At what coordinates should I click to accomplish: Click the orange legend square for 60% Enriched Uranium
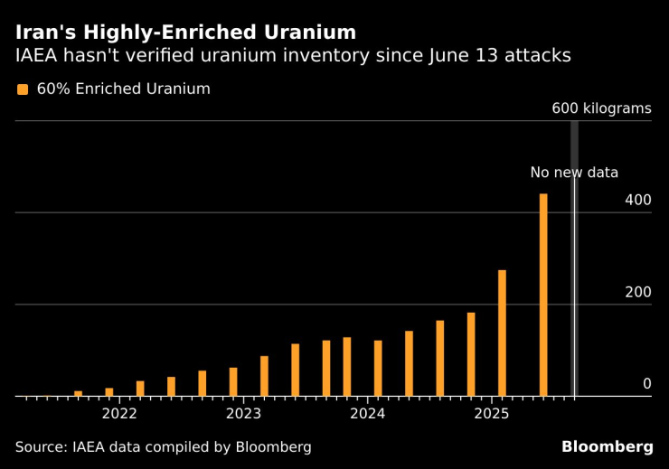point(23,89)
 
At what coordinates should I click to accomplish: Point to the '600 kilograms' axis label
point(601,108)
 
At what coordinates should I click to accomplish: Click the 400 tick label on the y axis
point(637,200)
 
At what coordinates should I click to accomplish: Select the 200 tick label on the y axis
point(637,292)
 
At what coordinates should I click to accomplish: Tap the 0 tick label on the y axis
point(646,384)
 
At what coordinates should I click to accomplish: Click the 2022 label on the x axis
point(119,414)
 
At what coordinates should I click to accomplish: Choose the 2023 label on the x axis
point(243,414)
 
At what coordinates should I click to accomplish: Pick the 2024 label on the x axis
point(368,414)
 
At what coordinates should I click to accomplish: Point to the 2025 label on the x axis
point(492,414)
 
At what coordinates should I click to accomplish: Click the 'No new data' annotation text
point(574,173)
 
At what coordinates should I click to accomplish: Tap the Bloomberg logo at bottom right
point(607,446)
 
